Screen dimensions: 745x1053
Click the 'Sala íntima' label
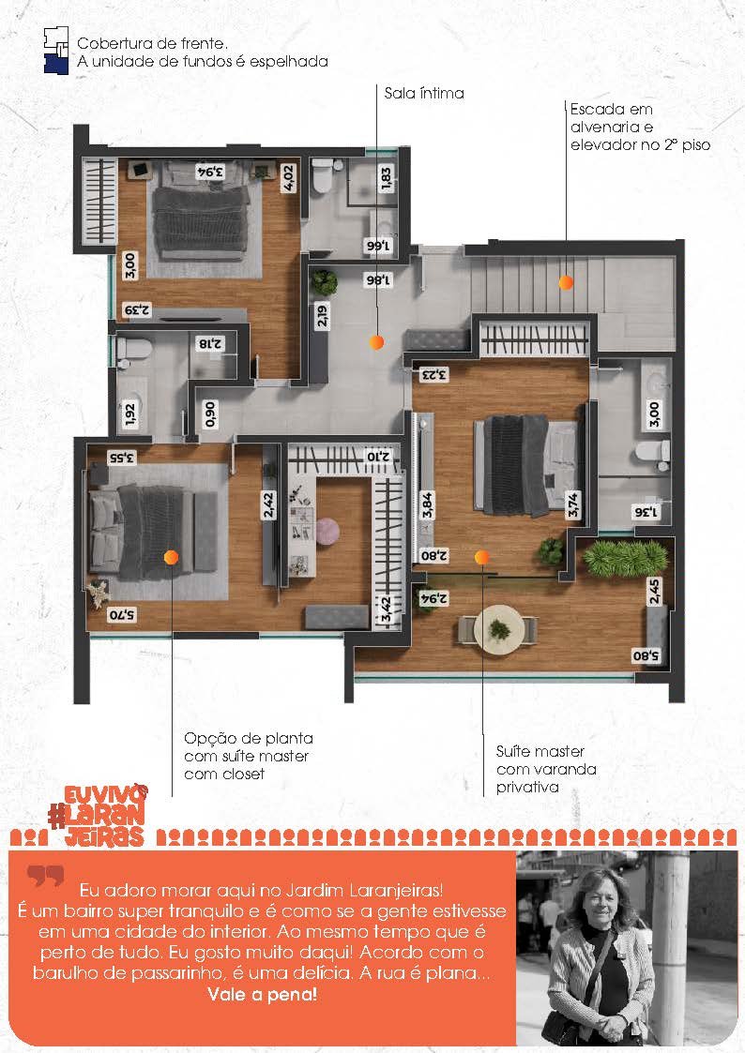click(x=424, y=94)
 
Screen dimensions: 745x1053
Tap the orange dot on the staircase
click(x=566, y=283)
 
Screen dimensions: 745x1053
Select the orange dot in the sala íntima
click(x=377, y=342)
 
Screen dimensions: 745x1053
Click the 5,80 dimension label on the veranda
click(x=646, y=656)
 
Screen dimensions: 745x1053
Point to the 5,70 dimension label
click(x=122, y=614)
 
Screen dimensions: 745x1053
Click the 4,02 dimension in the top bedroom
click(x=289, y=178)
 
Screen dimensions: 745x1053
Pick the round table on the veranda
click(x=498, y=630)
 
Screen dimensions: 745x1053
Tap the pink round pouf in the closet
click(x=327, y=532)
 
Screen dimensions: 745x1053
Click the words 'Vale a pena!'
click(x=262, y=995)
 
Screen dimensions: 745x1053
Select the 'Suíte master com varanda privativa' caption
click(x=546, y=769)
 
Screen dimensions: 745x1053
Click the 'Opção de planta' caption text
click(x=249, y=738)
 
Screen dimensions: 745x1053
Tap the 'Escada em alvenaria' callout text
click(x=612, y=118)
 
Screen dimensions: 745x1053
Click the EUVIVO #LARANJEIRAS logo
click(x=99, y=815)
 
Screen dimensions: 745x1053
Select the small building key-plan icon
click(x=56, y=51)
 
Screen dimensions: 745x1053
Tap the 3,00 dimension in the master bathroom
click(x=654, y=414)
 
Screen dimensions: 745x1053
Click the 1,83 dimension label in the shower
click(x=386, y=179)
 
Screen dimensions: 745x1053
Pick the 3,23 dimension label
click(x=434, y=373)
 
